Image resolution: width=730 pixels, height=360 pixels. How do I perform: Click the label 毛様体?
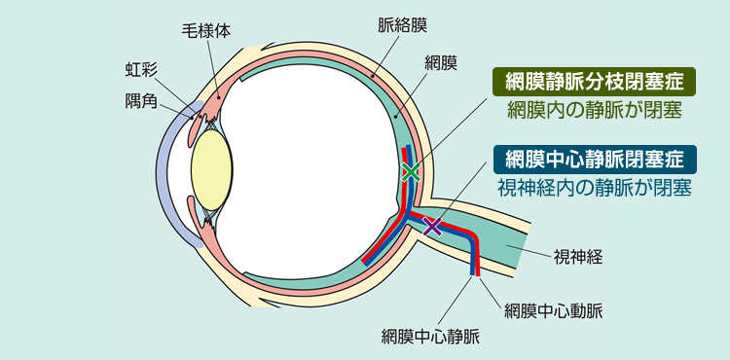click(206, 30)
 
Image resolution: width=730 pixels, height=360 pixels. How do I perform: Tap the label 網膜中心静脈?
click(430, 338)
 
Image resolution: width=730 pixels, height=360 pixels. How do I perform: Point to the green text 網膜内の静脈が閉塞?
click(592, 109)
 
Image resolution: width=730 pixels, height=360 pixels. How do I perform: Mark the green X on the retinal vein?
click(410, 172)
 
